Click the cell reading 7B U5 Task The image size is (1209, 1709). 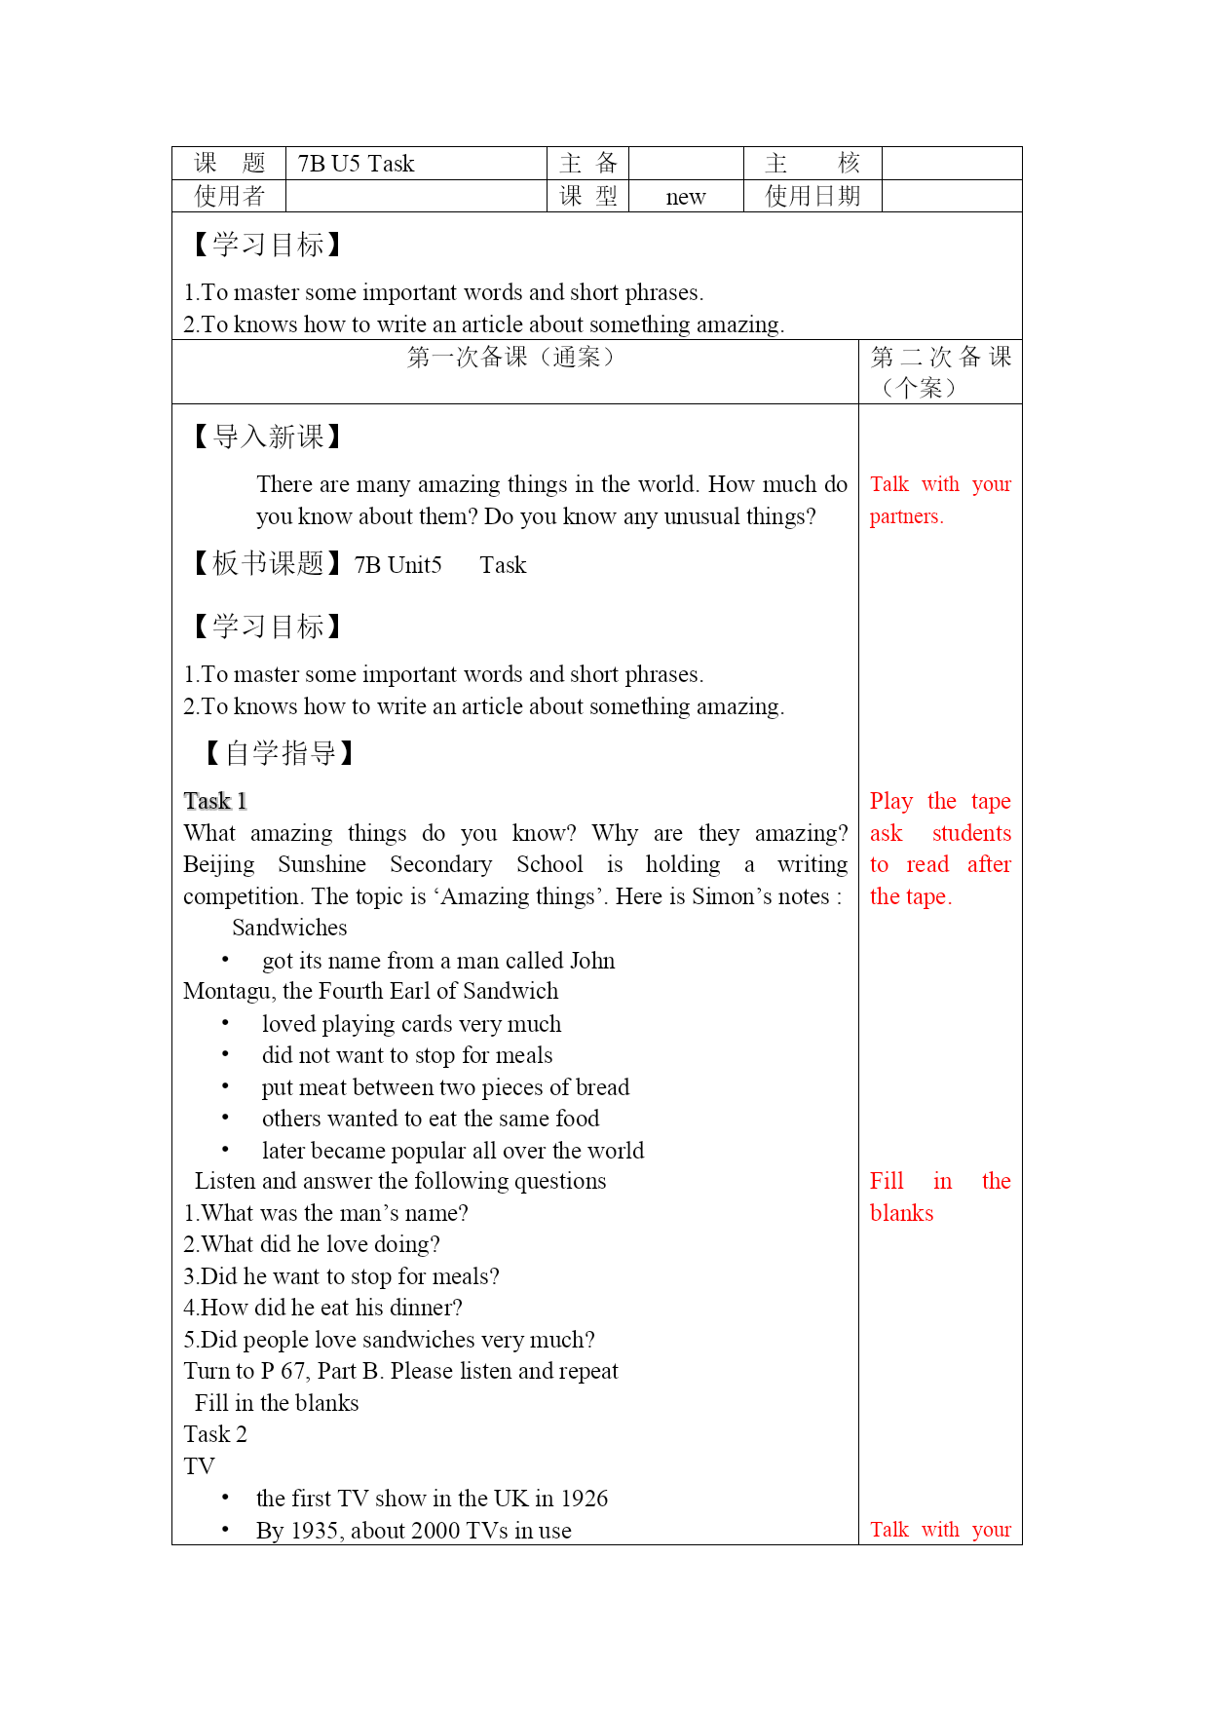pos(356,164)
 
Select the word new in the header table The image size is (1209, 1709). pos(685,197)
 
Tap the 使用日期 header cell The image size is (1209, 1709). pos(812,197)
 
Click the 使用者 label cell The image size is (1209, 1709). pos(229,197)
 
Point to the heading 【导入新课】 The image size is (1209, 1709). pos(267,437)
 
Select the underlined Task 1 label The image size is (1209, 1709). pos(215,801)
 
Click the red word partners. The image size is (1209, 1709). pos(906,516)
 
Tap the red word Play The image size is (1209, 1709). pos(890,801)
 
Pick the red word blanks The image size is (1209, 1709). pos(901,1213)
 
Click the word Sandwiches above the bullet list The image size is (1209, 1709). pos(289,928)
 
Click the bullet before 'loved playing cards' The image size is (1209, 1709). pos(225,1023)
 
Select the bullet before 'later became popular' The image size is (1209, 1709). pos(225,1150)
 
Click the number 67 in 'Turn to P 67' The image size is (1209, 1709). pos(292,1371)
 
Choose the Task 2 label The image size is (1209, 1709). pos(215,1434)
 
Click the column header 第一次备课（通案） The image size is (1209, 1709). pos(511,358)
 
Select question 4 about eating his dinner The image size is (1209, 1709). pos(322,1308)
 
